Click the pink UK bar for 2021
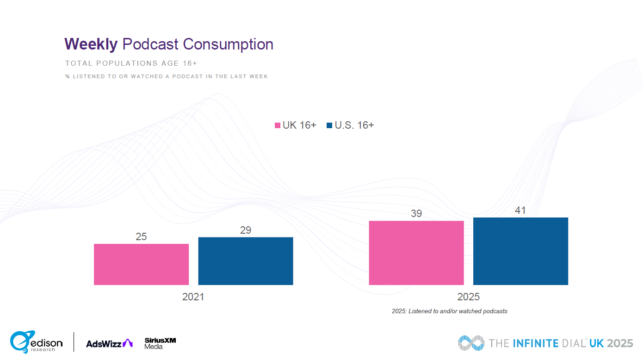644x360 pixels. (x=141, y=264)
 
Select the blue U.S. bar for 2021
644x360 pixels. (x=246, y=261)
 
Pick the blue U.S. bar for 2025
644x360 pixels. (x=520, y=251)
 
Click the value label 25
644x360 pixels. (x=141, y=236)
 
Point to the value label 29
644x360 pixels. (x=246, y=230)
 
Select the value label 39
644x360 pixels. (x=416, y=213)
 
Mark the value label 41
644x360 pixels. (x=520, y=210)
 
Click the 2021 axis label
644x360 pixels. (x=193, y=297)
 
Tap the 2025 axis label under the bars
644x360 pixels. (x=468, y=297)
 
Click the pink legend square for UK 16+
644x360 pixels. (x=278, y=125)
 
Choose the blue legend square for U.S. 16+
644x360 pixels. (x=329, y=125)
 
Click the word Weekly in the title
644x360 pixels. (x=91, y=44)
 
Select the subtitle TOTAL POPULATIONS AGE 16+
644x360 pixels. (x=131, y=63)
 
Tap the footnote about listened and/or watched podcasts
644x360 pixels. (x=449, y=311)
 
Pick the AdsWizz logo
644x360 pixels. (x=109, y=343)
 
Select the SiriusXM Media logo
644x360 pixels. (x=160, y=343)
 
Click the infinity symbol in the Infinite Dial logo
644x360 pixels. (x=471, y=343)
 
